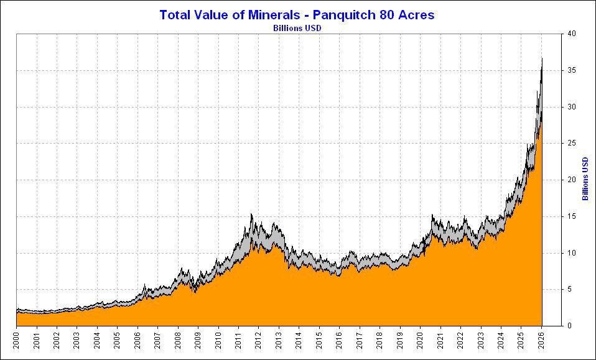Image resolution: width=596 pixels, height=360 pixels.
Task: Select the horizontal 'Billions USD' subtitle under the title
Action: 297,27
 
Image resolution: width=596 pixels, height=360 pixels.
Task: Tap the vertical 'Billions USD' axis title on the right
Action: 585,179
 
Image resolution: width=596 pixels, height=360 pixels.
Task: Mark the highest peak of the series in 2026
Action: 542,58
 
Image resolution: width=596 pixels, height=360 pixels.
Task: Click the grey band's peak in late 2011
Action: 251,215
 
